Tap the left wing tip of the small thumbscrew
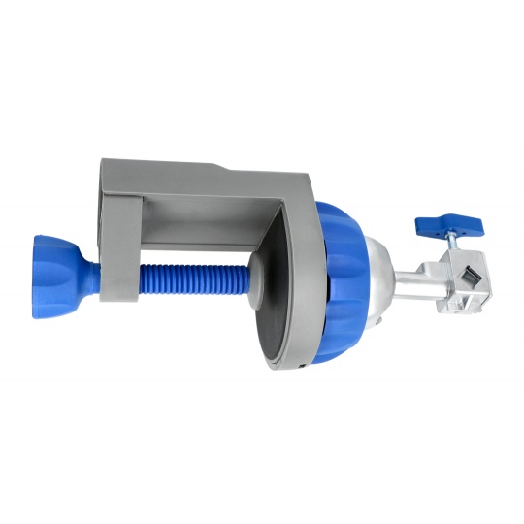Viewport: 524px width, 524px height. point(423,225)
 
